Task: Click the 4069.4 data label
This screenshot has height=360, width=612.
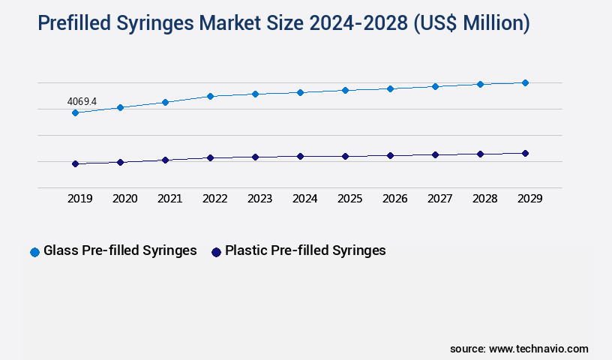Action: pos(82,100)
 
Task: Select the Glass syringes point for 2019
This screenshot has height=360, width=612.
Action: pos(75,113)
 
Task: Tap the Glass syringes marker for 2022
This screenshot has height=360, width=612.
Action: pos(210,96)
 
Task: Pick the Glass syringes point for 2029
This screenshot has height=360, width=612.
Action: pos(525,82)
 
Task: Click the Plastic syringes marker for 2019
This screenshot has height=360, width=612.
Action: pos(75,163)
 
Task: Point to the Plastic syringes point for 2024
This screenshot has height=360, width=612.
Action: pos(300,156)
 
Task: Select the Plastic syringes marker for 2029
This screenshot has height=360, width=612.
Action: pos(525,153)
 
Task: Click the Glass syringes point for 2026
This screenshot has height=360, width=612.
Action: pos(390,88)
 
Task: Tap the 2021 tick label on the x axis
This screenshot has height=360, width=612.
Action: pos(169,199)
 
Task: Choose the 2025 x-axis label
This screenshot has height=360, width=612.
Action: pos(349,199)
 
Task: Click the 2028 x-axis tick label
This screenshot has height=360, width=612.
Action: pos(484,199)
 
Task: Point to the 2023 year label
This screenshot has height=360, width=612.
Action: pos(259,199)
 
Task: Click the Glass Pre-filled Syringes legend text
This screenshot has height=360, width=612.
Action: pos(120,251)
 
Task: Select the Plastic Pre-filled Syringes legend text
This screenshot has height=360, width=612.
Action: pos(305,251)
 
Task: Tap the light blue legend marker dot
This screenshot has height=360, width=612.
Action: pos(34,252)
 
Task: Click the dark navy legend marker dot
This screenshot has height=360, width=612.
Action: pos(216,252)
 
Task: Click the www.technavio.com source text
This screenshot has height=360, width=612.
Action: pos(538,349)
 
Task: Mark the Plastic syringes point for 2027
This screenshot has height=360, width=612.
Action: pos(435,154)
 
